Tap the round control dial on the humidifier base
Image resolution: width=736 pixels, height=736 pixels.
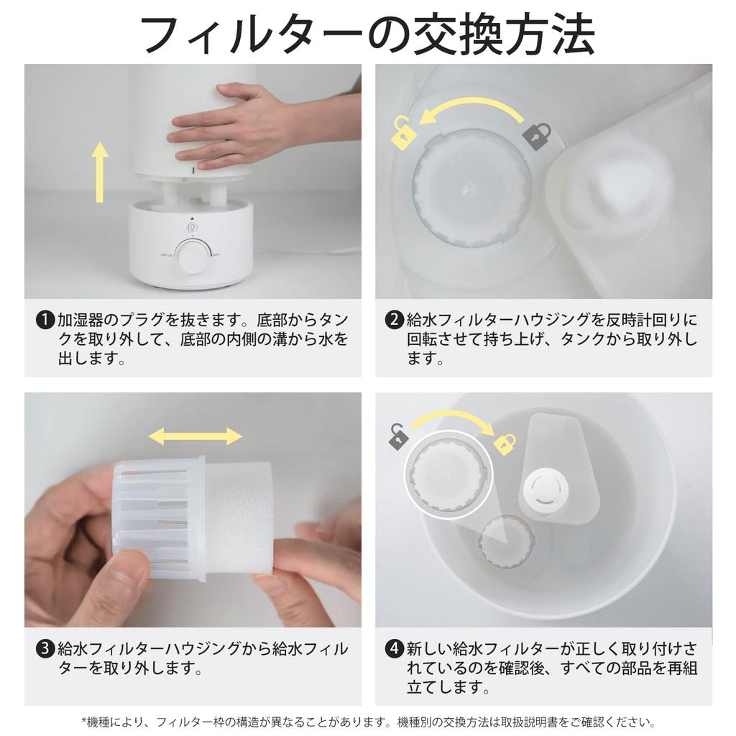pyautogui.click(x=192, y=257)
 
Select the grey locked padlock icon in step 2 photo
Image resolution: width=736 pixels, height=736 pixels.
pyautogui.click(x=536, y=135)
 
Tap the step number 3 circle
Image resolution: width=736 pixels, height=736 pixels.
pyautogui.click(x=45, y=649)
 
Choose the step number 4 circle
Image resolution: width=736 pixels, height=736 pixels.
pyautogui.click(x=394, y=649)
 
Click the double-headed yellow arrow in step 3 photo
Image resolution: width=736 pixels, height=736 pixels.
pyautogui.click(x=195, y=436)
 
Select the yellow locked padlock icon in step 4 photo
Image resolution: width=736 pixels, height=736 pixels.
pyautogui.click(x=505, y=441)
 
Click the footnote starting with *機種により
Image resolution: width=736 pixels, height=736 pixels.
pyautogui.click(x=367, y=722)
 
